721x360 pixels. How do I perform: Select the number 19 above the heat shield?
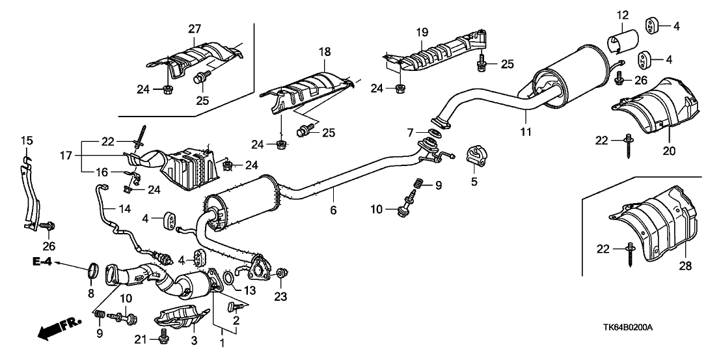421,32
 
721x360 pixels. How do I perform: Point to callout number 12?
623,14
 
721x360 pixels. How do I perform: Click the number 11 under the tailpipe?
525,131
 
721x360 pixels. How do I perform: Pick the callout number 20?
669,151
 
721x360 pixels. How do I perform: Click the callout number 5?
474,181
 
